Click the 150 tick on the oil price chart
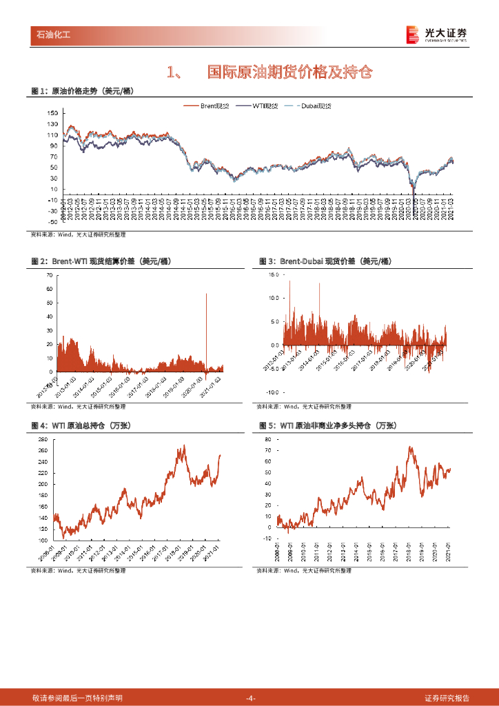pyautogui.click(x=53, y=112)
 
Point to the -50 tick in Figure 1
pyautogui.click(x=52, y=221)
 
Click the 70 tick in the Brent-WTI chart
pyautogui.click(x=49, y=274)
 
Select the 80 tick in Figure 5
pyautogui.click(x=267, y=439)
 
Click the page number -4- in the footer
pyautogui.click(x=250, y=698)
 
